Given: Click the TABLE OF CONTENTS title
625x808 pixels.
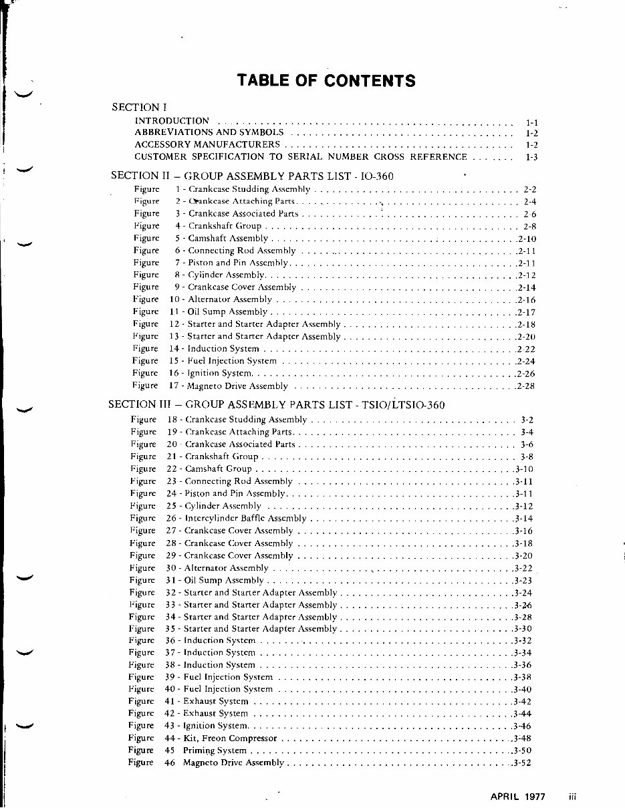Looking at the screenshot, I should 326,81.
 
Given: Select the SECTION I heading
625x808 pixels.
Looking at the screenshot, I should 139,107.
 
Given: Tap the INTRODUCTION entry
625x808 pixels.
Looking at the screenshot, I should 172,121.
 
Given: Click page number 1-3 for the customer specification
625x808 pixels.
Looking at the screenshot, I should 531,157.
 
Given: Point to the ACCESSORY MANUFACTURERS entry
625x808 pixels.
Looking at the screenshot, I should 207,144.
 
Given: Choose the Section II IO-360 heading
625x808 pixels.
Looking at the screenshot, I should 252,176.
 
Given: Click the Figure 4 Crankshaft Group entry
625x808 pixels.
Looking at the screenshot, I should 218,226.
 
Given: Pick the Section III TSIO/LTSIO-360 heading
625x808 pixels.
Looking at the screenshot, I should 276,404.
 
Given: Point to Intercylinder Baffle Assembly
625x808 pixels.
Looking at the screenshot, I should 245,518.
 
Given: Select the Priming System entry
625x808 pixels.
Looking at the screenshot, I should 217,751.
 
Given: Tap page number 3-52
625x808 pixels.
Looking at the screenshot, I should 521,763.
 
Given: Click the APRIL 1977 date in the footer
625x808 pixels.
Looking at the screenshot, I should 517,796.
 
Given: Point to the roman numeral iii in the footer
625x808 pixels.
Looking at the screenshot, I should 572,796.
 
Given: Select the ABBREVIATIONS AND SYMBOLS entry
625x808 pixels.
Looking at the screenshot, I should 209,133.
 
